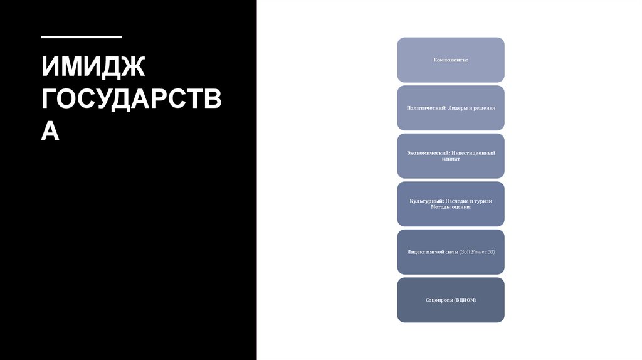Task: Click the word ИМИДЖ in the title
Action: coord(93,67)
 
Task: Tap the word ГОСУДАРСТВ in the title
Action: coord(131,100)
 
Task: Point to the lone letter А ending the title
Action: coord(50,132)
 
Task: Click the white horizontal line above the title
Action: coord(81,38)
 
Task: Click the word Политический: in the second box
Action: coord(426,108)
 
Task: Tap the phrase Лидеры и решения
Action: coord(471,108)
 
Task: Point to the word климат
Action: coord(450,159)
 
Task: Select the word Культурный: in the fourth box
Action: coord(428,201)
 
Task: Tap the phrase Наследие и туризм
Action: coord(470,201)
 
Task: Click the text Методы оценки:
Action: coord(450,208)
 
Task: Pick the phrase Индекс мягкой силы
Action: coord(432,252)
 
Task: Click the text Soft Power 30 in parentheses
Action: coord(477,252)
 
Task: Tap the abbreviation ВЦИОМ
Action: coord(465,300)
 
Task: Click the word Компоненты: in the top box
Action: coord(450,60)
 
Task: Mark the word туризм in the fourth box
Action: coord(483,201)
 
